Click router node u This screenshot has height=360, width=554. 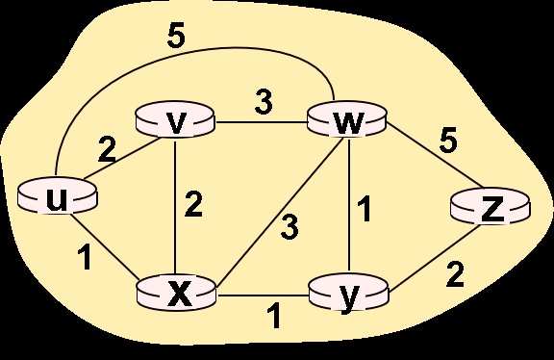coord(58,196)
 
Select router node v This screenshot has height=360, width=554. coord(174,121)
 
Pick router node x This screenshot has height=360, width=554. coord(175,290)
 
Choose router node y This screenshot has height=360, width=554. coord(346,290)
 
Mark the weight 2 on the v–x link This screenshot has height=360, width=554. coord(195,205)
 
